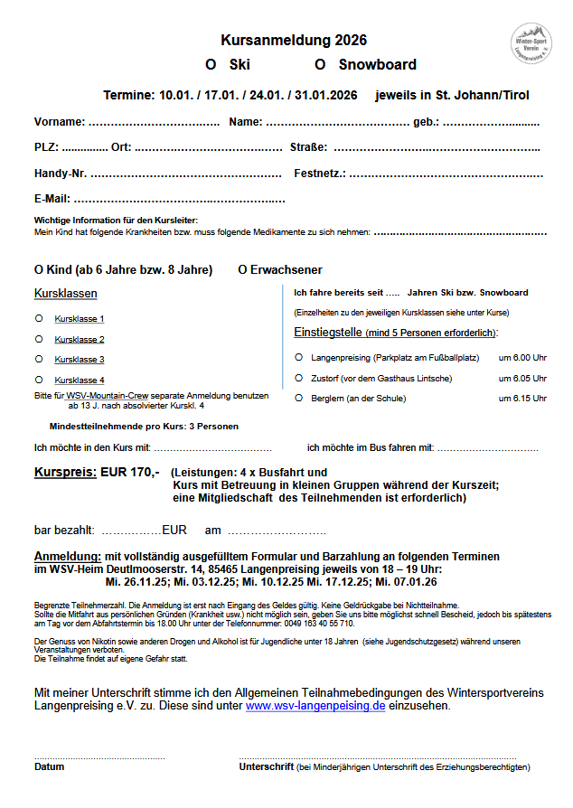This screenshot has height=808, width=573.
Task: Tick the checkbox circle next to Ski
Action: point(210,65)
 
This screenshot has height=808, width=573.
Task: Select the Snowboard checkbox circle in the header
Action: point(319,65)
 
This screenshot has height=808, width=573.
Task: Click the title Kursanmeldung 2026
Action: point(294,41)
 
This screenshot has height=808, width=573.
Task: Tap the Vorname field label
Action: point(60,122)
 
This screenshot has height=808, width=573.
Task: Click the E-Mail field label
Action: point(52,199)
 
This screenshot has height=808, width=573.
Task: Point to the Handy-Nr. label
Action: point(61,174)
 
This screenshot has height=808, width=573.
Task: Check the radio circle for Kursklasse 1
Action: point(39,318)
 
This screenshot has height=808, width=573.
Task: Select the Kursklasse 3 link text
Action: point(80,360)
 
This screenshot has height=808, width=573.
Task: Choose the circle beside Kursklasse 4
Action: point(39,380)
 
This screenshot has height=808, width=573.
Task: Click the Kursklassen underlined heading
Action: point(66,294)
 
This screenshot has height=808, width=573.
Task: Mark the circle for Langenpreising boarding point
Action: point(299,357)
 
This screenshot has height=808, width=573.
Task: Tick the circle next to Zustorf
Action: point(299,378)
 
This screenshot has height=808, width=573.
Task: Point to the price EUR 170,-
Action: point(130,473)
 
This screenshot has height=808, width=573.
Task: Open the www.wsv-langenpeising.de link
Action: point(315,706)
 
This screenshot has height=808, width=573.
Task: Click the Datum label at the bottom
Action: point(50,767)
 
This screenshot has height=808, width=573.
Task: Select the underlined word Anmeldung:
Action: point(67,557)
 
